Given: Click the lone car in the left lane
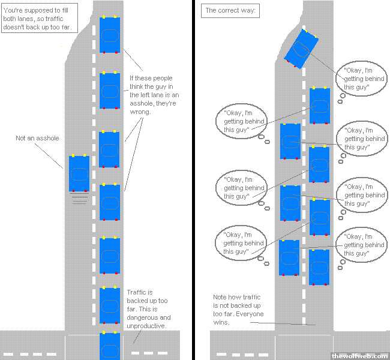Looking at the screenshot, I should click(79, 173).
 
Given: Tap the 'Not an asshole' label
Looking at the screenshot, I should click(37, 139).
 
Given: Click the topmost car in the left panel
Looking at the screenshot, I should click(109, 35).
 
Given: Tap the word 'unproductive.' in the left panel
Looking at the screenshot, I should click(146, 326).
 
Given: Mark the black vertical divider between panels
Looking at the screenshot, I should click(196, 180).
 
